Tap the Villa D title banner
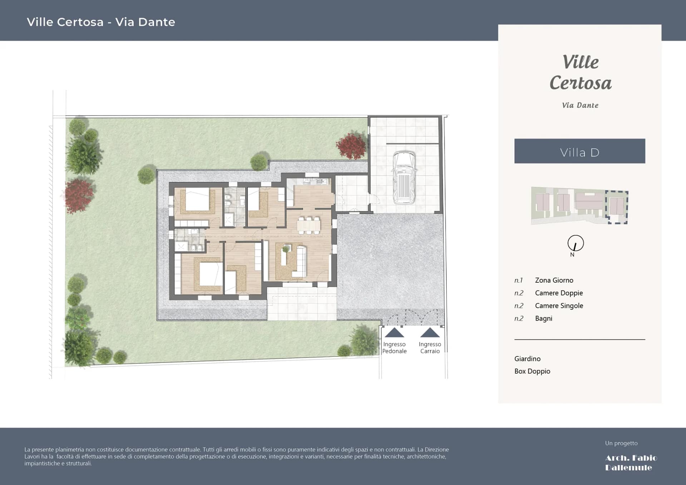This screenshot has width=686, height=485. [x=579, y=151]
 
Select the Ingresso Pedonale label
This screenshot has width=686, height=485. [x=394, y=347]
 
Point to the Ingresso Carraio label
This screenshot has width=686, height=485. [x=430, y=347]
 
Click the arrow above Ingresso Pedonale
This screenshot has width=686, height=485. [x=394, y=333]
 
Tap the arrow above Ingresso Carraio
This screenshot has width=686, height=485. [x=430, y=333]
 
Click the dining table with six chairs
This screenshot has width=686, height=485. [x=309, y=225]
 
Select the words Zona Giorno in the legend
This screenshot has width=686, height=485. [x=554, y=280]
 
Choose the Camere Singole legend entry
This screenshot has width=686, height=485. [x=559, y=306]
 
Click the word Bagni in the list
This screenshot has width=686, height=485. [x=543, y=318]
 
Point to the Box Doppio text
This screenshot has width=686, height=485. [x=532, y=371]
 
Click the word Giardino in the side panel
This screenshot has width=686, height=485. [x=527, y=358]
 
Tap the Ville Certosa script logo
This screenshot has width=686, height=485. [x=580, y=73]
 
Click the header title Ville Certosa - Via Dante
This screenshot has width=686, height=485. [x=101, y=22]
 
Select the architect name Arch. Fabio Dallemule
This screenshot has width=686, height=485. [x=631, y=462]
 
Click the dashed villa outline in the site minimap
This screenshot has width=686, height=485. [x=616, y=207]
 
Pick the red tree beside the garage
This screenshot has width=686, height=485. [x=351, y=146]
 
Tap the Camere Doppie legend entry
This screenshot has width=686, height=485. [x=559, y=293]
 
